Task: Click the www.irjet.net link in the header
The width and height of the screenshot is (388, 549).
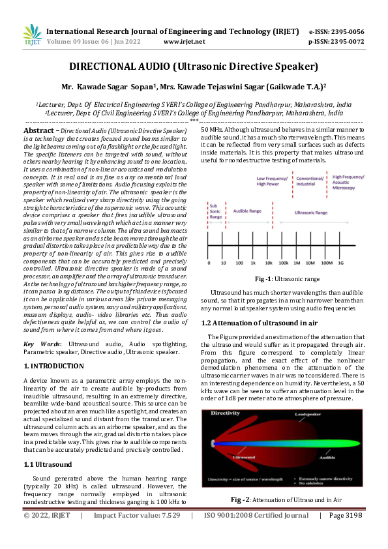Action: (185, 41)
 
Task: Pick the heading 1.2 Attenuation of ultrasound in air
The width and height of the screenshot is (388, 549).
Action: (258, 323)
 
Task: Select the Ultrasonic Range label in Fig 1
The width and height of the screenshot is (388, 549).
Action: (311, 212)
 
